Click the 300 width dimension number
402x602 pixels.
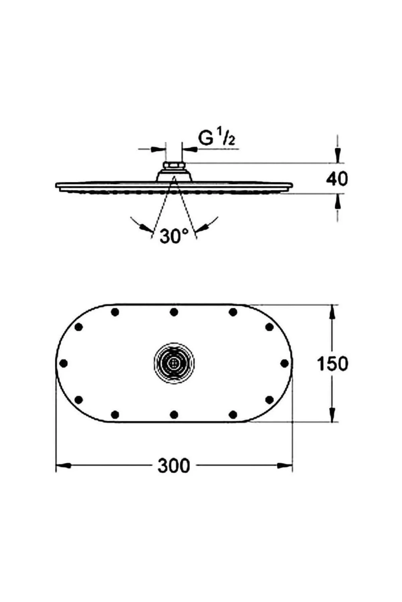(x=174, y=466)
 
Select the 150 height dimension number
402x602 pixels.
(x=333, y=364)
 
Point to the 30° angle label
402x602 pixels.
(x=174, y=237)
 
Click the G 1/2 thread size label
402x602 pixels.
(x=216, y=138)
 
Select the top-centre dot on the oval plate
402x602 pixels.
(x=174, y=312)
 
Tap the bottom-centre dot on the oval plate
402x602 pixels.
(x=174, y=415)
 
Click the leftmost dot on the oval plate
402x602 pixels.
(x=63, y=363)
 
